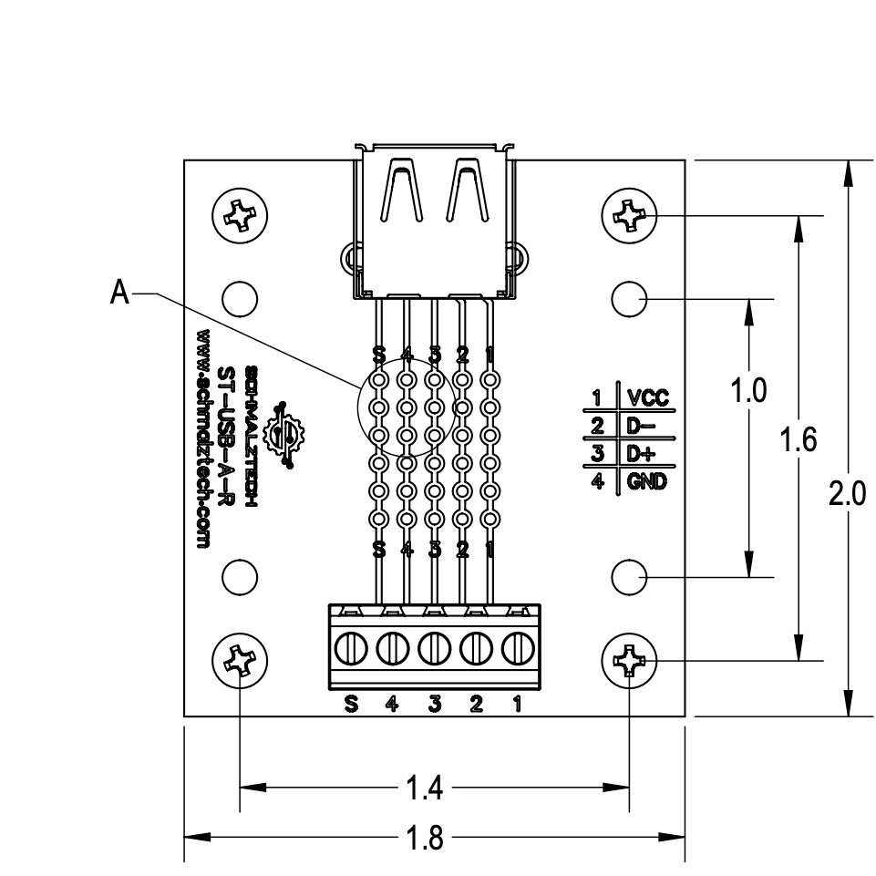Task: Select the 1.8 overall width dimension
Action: tap(422, 837)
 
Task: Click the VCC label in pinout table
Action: tap(646, 397)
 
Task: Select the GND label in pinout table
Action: tap(646, 481)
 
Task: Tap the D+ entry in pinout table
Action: tap(639, 454)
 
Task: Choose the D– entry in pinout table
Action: tap(639, 426)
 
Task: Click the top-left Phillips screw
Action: tap(240, 217)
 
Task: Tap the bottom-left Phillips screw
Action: tap(240, 659)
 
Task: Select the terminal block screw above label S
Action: tap(350, 649)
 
